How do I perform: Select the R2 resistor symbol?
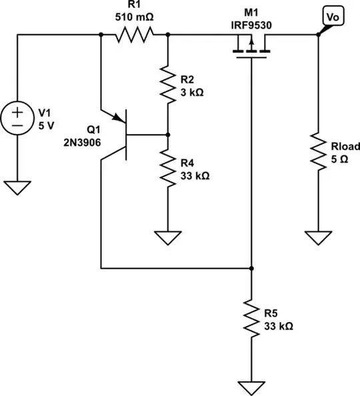click(x=167, y=84)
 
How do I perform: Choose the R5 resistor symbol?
click(x=251, y=318)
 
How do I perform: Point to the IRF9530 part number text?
click(x=251, y=25)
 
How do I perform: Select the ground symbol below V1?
click(x=17, y=187)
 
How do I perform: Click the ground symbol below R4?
click(x=167, y=237)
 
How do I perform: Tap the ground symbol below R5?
click(x=251, y=387)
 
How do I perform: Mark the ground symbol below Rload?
click(x=318, y=237)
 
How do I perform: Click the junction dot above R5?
click(x=251, y=269)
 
